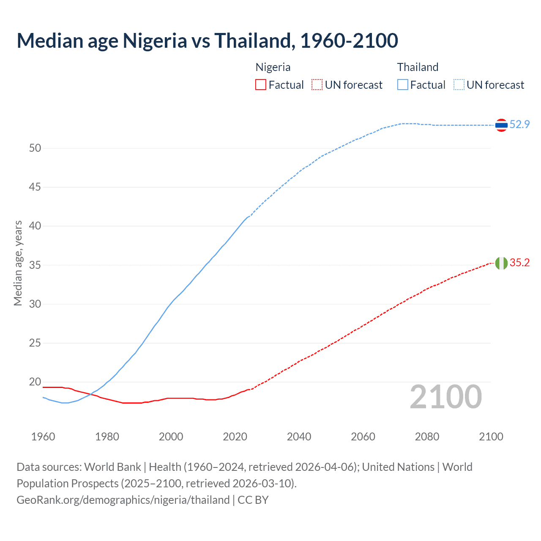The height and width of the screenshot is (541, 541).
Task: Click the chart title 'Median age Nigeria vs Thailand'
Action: click(x=207, y=41)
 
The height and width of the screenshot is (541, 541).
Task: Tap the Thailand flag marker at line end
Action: click(x=501, y=125)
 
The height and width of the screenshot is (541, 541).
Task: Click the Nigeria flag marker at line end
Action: click(x=501, y=263)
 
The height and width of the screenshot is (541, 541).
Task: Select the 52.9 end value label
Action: click(x=519, y=124)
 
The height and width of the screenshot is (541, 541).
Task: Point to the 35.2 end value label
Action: click(x=519, y=262)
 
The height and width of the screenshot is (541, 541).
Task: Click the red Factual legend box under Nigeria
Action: click(x=261, y=85)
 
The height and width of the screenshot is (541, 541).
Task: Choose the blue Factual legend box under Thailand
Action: click(x=402, y=85)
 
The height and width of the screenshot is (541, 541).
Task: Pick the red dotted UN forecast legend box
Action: click(x=317, y=85)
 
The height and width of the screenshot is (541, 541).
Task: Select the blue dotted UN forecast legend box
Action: click(x=459, y=85)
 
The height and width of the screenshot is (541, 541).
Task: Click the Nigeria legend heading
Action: click(x=273, y=67)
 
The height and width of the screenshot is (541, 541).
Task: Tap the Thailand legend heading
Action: click(x=418, y=67)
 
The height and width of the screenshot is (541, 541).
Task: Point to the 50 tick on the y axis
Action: click(x=35, y=148)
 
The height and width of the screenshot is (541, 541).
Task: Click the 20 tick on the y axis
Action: click(x=35, y=382)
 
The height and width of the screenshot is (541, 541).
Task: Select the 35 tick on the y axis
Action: click(x=35, y=265)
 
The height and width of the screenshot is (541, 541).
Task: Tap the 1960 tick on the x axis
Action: click(x=43, y=437)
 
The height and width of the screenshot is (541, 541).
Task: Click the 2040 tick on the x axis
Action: click(x=299, y=437)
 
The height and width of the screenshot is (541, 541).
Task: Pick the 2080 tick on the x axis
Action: click(x=427, y=437)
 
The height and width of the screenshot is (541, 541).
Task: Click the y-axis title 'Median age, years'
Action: click(x=18, y=263)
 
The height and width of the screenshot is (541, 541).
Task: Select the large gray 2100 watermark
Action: click(x=446, y=397)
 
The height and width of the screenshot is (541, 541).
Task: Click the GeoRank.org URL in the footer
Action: click(x=123, y=500)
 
